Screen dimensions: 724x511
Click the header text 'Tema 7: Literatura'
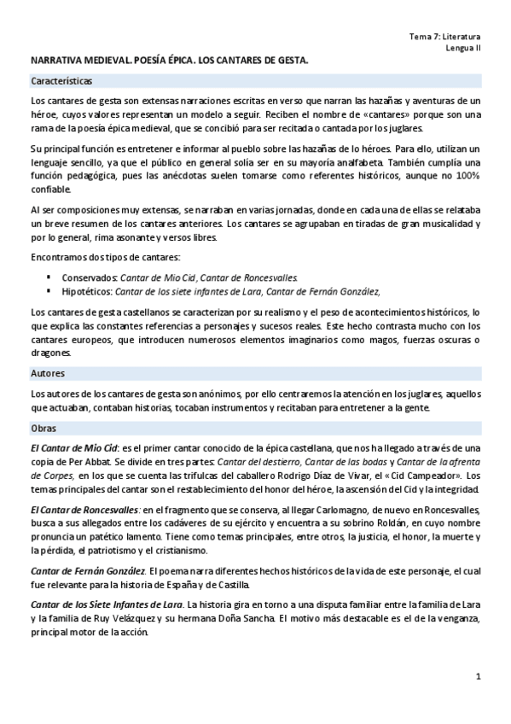click(445, 37)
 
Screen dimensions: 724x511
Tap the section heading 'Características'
click(61, 81)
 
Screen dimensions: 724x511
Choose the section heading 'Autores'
click(47, 373)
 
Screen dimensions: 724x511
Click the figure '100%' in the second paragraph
click(466, 175)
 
